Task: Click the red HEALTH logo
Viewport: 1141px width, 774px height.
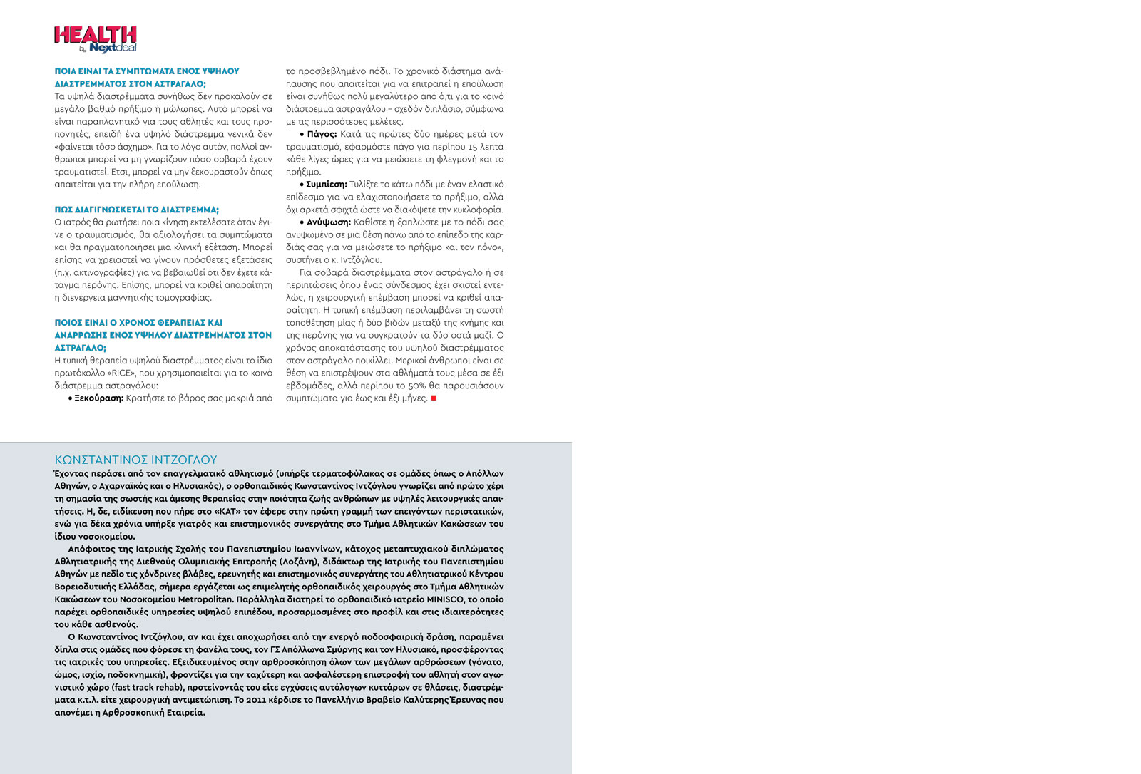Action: (95, 34)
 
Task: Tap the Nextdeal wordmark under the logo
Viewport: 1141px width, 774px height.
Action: (113, 48)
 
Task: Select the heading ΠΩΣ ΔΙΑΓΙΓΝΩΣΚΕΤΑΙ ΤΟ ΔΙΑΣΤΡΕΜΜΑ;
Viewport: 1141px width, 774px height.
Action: (137, 210)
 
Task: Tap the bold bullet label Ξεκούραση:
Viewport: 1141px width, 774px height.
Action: (98, 398)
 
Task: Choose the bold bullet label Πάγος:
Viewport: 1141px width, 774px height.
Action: (322, 134)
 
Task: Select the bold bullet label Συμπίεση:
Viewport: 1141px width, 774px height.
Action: (326, 185)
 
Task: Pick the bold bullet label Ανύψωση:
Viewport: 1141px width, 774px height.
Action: (328, 222)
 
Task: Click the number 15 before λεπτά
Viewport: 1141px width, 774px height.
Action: (473, 147)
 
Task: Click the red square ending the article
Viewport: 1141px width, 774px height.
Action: (434, 398)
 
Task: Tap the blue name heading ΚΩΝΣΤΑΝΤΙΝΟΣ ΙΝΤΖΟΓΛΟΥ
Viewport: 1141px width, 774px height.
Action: (135, 460)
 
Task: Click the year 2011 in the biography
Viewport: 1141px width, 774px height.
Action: (255, 700)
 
